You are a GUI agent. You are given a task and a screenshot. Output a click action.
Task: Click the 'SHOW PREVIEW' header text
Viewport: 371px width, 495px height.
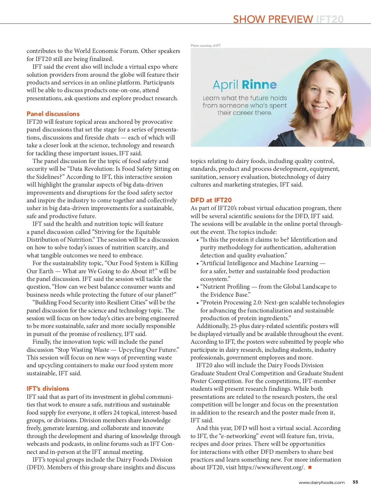(273, 19)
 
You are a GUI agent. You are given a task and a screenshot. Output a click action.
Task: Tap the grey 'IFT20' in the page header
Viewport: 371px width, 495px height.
(330, 19)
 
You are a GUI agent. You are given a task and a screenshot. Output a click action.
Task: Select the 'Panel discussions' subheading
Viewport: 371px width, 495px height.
(53, 114)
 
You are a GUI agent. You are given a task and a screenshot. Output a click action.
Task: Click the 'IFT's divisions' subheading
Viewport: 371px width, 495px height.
(48, 388)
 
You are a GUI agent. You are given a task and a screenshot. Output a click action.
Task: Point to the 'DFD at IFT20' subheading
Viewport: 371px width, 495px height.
(211, 200)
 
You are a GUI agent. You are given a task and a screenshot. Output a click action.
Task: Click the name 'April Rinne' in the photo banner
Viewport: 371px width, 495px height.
(245, 84)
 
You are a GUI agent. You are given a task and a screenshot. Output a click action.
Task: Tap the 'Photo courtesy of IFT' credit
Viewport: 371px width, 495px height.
(206, 45)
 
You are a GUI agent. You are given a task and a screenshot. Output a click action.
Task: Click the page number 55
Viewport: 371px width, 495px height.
(355, 482)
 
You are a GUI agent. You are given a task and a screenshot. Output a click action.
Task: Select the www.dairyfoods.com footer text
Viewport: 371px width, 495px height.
(322, 482)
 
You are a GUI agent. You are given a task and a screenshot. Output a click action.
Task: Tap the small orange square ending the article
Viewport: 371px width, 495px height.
(310, 467)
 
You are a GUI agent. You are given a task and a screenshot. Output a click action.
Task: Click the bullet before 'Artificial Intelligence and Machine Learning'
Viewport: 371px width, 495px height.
(198, 264)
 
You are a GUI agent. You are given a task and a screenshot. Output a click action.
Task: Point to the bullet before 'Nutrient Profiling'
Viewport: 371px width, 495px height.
(198, 287)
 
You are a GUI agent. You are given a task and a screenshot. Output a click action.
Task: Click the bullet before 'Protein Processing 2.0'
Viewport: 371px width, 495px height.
(198, 303)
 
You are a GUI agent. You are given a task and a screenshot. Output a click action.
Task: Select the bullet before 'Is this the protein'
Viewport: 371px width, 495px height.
(198, 240)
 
